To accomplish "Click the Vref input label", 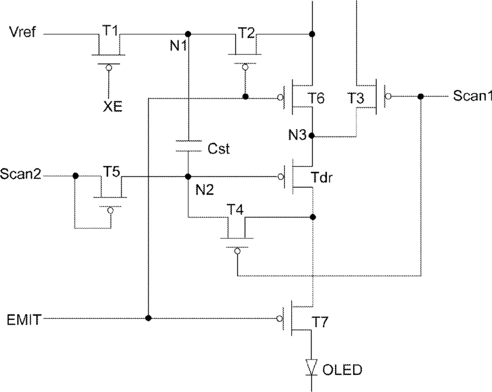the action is [23, 32].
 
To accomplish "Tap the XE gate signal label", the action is [113, 107].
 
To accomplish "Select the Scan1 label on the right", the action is [472, 95].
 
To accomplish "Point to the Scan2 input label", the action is [21, 173].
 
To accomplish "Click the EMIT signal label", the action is [24, 319].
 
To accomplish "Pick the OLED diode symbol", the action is [311, 367].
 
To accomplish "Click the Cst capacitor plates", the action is [188, 146].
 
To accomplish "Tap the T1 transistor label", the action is [110, 31].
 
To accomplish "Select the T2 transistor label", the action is [247, 32].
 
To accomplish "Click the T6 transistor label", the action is [317, 98].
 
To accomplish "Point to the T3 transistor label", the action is [356, 98].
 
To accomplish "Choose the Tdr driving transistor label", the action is [321, 177].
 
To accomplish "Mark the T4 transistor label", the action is [236, 209].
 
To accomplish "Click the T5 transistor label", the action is [112, 172].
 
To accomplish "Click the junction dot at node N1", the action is [188, 34].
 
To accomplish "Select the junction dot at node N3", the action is [311, 135].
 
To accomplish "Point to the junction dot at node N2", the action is [188, 177].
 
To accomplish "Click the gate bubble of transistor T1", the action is [109, 68].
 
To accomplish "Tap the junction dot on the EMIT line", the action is [149, 318].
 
